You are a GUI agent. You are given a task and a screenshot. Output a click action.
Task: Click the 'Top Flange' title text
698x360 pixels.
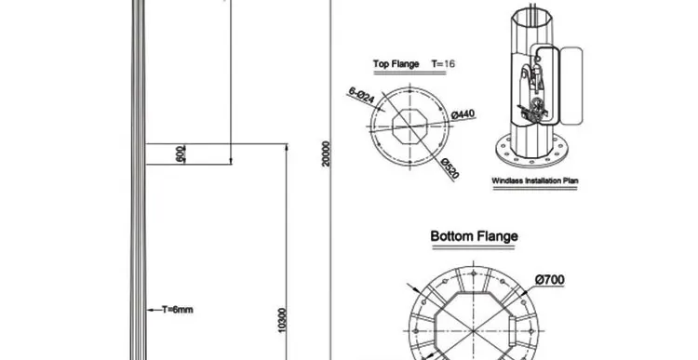[x=396, y=64]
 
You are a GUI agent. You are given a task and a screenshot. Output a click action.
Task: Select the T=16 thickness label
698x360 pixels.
[x=443, y=64]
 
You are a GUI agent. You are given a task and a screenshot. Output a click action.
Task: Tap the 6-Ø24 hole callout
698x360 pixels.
[x=361, y=95]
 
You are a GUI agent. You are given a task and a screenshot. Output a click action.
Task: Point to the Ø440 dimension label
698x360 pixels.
[x=463, y=114]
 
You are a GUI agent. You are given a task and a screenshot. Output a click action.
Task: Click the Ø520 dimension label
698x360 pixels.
[x=450, y=168]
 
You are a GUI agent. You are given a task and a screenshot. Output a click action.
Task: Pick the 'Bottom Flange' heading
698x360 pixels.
[x=474, y=236]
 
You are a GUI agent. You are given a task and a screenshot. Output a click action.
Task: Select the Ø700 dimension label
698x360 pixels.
[x=550, y=279]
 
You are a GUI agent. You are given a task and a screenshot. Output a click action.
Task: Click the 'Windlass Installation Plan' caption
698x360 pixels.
[x=534, y=180]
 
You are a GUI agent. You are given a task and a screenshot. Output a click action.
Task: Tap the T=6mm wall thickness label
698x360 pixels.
[x=177, y=310]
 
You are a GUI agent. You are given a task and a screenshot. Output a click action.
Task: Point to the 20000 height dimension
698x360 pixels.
[x=326, y=154]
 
